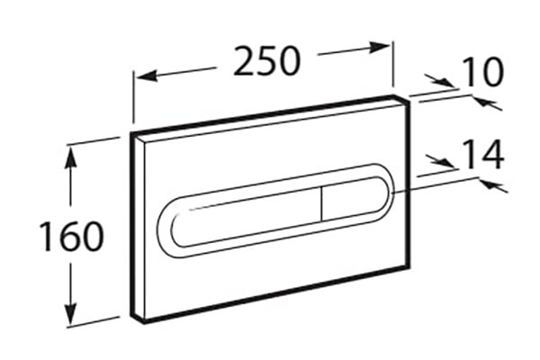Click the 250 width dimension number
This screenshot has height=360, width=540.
pyautogui.click(x=267, y=61)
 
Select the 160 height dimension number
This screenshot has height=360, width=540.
pyautogui.click(x=72, y=237)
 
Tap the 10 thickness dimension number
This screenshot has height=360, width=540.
pyautogui.click(x=481, y=72)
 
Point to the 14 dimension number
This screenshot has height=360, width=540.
pyautogui.click(x=482, y=154)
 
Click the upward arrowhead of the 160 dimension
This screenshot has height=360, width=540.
pyautogui.click(x=71, y=157)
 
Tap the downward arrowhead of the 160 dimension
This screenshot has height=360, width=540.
pyautogui.click(x=72, y=312)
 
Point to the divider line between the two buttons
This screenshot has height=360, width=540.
pyautogui.click(x=321, y=204)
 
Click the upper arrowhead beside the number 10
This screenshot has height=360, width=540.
pyautogui.click(x=445, y=83)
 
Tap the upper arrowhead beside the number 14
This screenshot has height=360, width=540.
pyautogui.click(x=446, y=162)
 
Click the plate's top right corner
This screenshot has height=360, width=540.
pyautogui.click(x=410, y=100)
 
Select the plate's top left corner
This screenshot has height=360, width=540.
pyautogui.click(x=131, y=132)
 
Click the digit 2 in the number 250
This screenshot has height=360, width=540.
pyautogui.click(x=245, y=61)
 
